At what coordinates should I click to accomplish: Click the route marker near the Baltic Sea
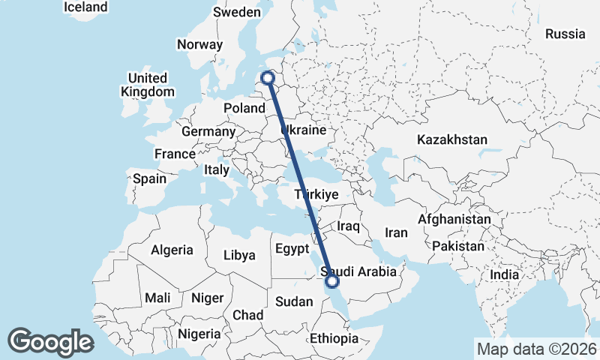pos(268,76)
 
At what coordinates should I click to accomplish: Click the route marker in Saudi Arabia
pos(331,281)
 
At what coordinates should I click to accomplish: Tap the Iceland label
pos(85,7)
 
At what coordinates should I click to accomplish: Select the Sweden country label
pos(236,12)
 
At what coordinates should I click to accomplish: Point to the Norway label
pos(200,44)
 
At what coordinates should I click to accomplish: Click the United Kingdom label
pos(148,85)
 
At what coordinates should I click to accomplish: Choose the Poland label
pos(244,108)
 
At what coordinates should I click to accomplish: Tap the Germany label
pos(208,131)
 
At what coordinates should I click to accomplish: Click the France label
pos(175,154)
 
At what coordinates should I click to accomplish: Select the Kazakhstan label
pos(452,139)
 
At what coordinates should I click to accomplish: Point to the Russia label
pos(565,34)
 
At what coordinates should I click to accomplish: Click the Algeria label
pos(172,250)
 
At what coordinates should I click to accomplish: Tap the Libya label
pos(239,255)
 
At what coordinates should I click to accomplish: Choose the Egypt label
pos(292,248)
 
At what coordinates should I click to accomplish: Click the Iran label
pos(397,232)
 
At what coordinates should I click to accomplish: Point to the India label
pos(505,274)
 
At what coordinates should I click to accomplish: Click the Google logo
pos(50,342)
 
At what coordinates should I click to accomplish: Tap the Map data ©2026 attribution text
pos(536,349)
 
